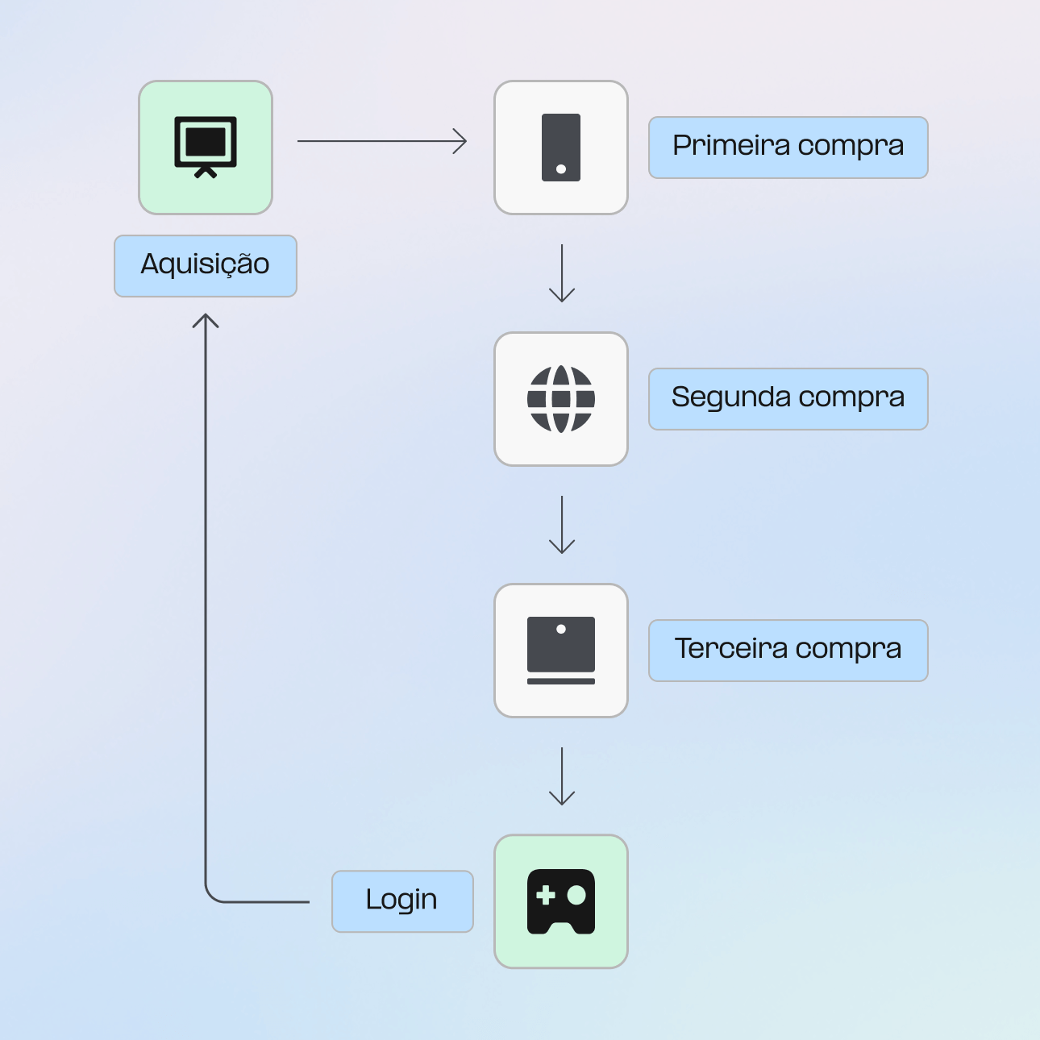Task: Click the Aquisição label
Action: coord(206,265)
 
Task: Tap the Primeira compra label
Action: coord(788,147)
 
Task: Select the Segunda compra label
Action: coord(788,398)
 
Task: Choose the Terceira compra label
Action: coord(788,650)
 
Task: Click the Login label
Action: coord(401,901)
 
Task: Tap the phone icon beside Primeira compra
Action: coord(561,147)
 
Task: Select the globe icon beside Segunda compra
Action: coord(561,398)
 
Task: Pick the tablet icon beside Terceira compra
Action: coord(561,650)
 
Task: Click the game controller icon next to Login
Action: coord(561,901)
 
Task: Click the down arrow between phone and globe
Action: coord(562,274)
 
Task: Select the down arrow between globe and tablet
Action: coord(562,526)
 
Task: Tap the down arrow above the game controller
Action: coord(562,777)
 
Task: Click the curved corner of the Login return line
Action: coord(211,896)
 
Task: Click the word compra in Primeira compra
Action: coord(851,147)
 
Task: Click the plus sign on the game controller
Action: coord(546,895)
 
